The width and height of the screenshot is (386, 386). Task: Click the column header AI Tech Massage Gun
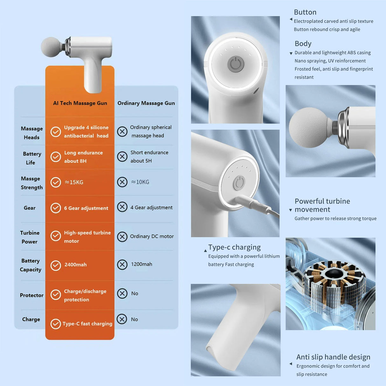(x=80, y=103)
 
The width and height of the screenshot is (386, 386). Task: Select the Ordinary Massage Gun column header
(x=146, y=103)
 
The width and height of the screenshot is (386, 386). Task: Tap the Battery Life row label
(x=32, y=158)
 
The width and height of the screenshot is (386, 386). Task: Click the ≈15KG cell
(x=74, y=182)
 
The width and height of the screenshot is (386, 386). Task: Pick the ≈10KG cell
(x=140, y=182)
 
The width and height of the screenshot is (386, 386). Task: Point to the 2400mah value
(x=75, y=265)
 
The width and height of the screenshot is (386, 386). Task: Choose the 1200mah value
(x=141, y=264)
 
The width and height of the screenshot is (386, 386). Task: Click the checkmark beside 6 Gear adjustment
(x=56, y=208)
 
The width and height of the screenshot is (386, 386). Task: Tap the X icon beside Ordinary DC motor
(x=122, y=237)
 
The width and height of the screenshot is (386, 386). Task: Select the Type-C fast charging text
(x=87, y=324)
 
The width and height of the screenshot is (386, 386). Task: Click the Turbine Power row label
(x=30, y=237)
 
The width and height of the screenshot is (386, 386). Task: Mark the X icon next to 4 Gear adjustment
(x=122, y=207)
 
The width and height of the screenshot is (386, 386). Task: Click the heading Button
(x=305, y=12)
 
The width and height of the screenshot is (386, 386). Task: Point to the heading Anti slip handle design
(x=333, y=357)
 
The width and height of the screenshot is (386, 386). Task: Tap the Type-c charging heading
(x=234, y=247)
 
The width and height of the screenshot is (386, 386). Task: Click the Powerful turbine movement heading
(x=322, y=205)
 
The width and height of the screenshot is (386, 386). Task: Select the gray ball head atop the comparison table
(x=52, y=47)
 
